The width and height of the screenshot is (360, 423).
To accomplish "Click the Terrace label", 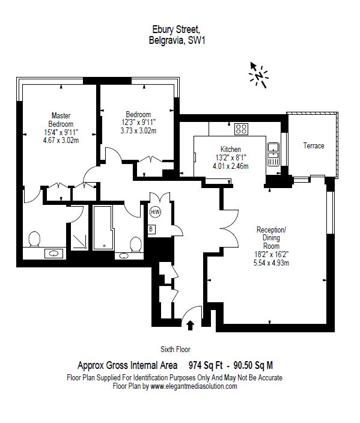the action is tap(314, 145).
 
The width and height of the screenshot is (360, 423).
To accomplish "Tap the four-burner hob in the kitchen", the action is tap(241, 129).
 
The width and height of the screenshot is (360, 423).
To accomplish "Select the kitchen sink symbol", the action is tap(273, 154).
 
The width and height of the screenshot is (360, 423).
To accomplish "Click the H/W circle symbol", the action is tap(155, 212).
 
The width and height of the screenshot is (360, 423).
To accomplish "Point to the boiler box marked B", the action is tap(151, 230).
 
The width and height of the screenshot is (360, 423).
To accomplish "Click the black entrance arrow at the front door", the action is tap(191, 325).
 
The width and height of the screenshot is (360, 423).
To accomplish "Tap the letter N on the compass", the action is tap(259, 76).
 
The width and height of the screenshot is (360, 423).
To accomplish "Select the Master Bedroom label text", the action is tap(61, 120).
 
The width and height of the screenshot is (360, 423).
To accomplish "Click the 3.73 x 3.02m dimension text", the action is tap(138, 131).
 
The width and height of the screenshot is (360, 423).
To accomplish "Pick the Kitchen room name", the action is tap(231, 149).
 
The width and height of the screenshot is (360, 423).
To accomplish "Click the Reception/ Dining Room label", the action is tap(271, 238).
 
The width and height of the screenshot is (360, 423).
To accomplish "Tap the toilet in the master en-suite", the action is tap(34, 239).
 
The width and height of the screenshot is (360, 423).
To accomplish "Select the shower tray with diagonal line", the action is tap(79, 242).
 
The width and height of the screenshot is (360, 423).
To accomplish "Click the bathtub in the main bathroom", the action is tap(103, 228).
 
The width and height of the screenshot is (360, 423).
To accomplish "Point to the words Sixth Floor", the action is tap(175, 349).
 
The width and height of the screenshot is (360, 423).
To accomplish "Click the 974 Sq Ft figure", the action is tap(206, 365).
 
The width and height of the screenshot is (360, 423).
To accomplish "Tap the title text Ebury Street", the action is tap(176, 29).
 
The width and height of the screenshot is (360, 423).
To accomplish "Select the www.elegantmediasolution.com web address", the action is tap(194, 386).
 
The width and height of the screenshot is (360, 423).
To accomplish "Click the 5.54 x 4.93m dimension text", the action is tap(271, 263).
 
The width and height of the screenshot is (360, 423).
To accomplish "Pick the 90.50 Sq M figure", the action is tap(253, 365).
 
